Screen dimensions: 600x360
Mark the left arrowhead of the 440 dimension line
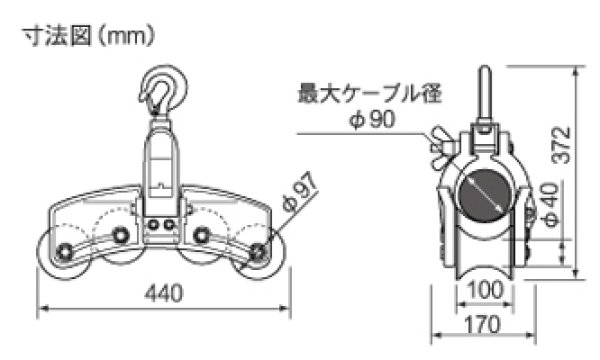coord(41,308)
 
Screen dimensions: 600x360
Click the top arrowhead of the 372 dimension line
coord(577,70)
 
